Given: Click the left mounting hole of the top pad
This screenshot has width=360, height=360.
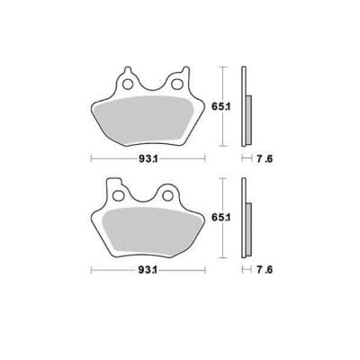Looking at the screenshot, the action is [x=128, y=85].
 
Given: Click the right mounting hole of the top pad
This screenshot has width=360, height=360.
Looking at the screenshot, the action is [x=176, y=85].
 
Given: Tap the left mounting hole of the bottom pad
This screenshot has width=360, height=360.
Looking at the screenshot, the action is [x=119, y=196].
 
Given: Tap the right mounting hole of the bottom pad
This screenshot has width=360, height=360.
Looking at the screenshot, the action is [x=167, y=196].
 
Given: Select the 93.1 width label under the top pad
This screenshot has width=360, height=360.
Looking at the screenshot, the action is [x=148, y=159].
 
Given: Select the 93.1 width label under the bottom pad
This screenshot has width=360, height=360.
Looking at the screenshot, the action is [x=148, y=270].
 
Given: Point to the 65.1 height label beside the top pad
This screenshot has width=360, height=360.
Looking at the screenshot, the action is [x=220, y=106].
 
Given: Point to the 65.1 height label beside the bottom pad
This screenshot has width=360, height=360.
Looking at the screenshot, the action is [x=220, y=218].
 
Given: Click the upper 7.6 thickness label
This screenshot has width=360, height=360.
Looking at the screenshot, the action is [x=265, y=159].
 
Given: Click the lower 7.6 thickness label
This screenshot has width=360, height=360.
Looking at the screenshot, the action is [x=265, y=270].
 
